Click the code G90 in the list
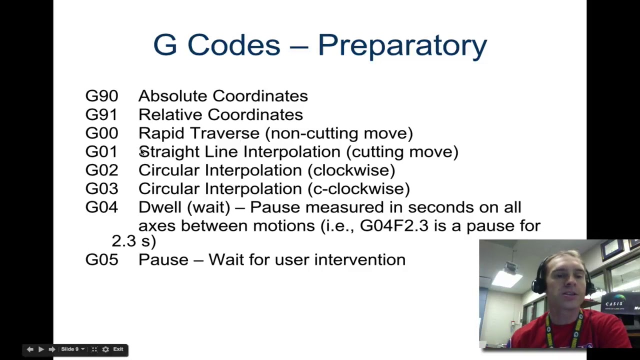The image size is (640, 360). [101, 96]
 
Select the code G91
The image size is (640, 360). [101, 114]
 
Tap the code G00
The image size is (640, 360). [101, 133]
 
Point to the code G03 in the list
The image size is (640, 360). [101, 188]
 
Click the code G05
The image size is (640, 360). [101, 259]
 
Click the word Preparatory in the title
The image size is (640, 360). [402, 45]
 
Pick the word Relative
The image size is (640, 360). [169, 114]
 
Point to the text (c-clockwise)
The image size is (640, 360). [358, 188]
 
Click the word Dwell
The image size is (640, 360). [159, 207]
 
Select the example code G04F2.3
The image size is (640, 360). [394, 225]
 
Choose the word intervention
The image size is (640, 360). [359, 259]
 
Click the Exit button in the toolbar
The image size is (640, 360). [118, 349]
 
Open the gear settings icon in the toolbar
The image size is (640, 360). [105, 349]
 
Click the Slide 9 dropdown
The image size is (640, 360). [72, 349]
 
